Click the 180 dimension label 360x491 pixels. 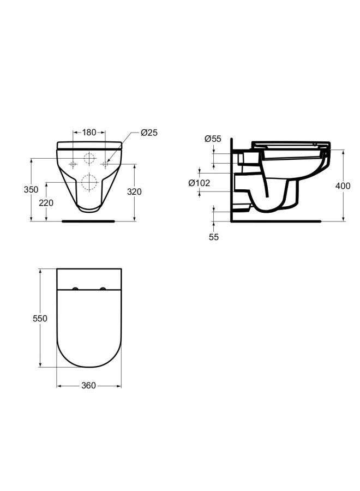89,132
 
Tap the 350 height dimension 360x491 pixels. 31,190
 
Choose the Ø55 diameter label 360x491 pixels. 213,139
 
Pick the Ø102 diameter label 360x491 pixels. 199,183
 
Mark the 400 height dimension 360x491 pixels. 343,186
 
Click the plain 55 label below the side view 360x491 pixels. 213,237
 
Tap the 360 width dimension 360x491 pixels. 88,386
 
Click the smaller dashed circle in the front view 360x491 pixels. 89,159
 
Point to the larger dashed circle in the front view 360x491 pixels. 89,182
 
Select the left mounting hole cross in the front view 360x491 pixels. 73,164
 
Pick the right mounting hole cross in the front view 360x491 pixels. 105,164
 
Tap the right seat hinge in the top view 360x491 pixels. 102,289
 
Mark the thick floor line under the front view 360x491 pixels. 88,221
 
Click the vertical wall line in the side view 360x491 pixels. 232,180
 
